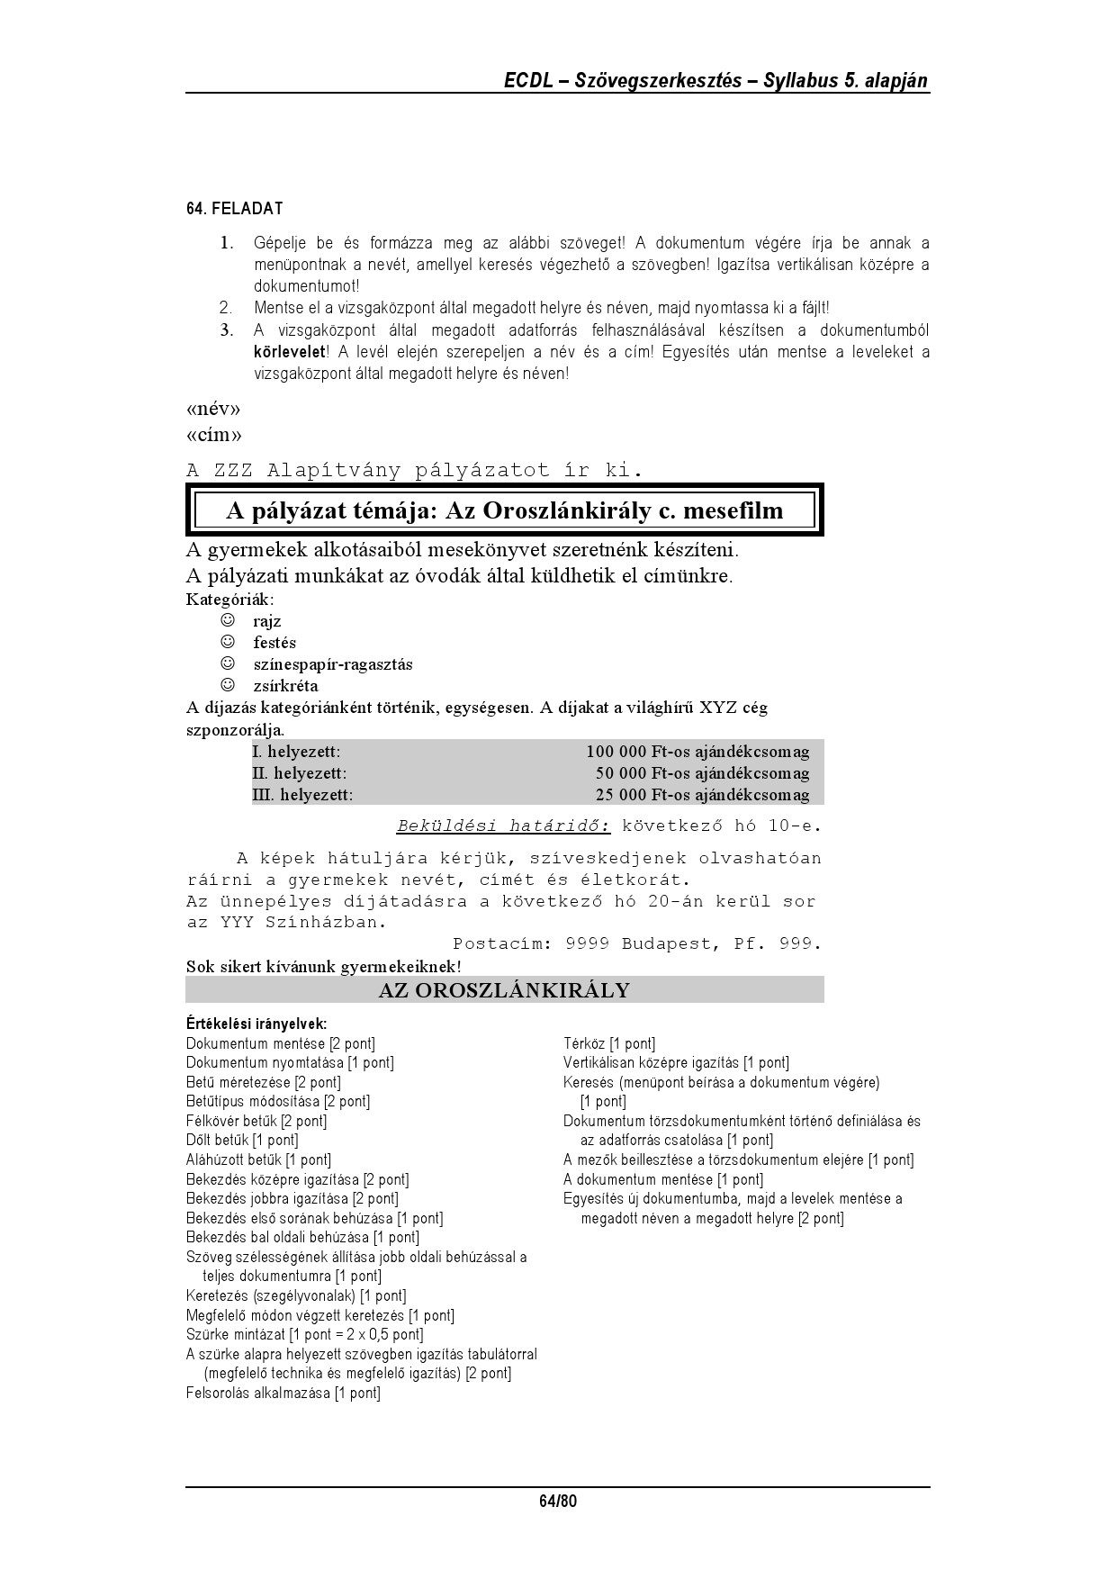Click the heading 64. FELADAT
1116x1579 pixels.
point(234,209)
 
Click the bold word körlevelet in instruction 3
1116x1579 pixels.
point(289,351)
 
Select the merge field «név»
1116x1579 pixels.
point(213,410)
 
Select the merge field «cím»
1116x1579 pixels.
point(214,436)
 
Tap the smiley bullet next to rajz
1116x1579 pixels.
point(229,621)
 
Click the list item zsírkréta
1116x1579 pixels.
point(285,686)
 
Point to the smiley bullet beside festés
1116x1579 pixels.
point(229,643)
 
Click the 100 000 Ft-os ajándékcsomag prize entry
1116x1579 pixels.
point(697,752)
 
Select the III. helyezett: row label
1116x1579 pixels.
point(302,795)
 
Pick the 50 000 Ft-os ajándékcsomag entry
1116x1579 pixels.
point(702,773)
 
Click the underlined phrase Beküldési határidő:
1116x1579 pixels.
point(503,826)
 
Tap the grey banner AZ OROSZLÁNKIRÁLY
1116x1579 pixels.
point(504,990)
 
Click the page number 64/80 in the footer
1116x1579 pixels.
point(557,1502)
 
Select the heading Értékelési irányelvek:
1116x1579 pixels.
point(256,1024)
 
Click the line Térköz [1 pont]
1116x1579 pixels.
point(609,1044)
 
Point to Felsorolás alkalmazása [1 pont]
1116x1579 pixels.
point(283,1394)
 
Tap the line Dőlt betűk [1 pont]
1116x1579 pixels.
point(241,1141)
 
